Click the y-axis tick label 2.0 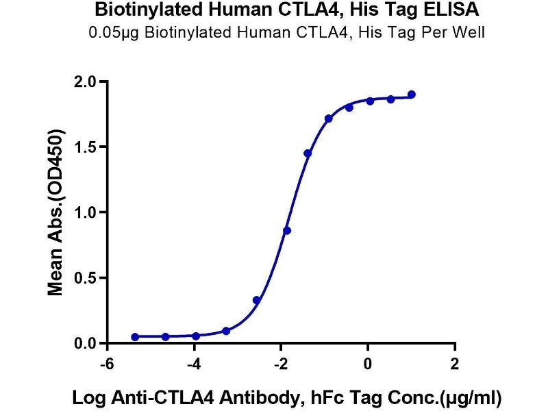(85, 82)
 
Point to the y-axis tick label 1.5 (85, 147)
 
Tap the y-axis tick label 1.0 (85, 212)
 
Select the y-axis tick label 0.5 (85, 278)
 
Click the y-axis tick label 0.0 (85, 343)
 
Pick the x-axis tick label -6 (107, 364)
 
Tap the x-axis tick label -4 (194, 364)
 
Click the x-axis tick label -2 (280, 364)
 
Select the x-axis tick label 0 (368, 364)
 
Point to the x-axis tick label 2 (454, 364)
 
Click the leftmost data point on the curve (135, 336)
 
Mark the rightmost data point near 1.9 (412, 95)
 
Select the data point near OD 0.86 (287, 231)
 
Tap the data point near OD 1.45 (308, 153)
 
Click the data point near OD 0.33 (256, 300)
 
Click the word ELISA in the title (451, 10)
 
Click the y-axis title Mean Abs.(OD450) (55, 213)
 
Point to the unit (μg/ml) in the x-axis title (470, 398)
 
